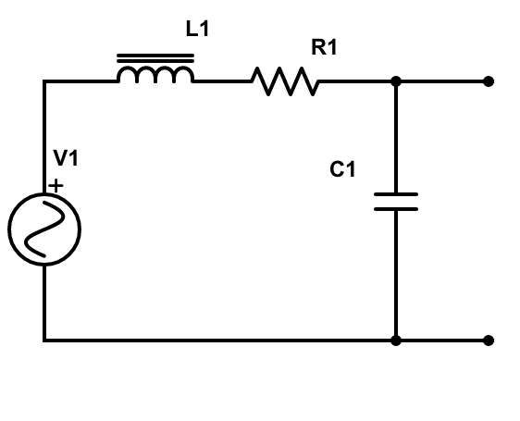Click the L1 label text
198,30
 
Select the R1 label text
324,48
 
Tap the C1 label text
342,170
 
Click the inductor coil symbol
155,74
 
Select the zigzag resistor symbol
285,82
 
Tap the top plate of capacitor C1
396,194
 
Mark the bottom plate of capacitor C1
396,209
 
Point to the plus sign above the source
56,186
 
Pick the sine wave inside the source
44,229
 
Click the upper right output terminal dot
489,81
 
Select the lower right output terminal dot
489,341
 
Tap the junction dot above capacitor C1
396,81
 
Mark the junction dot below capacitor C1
396,341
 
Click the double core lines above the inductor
155,57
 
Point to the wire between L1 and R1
222,81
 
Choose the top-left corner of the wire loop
44,81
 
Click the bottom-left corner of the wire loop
44,341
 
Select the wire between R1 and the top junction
356,81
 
